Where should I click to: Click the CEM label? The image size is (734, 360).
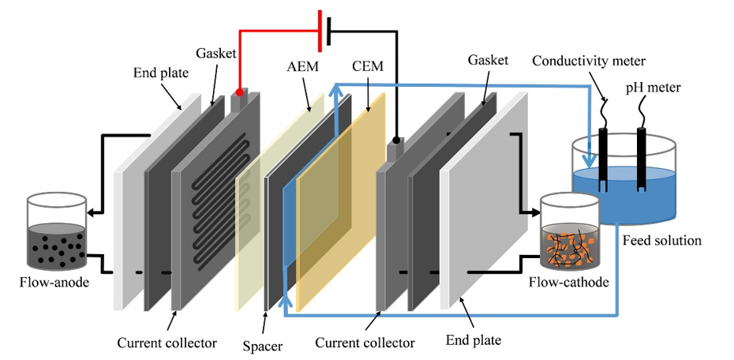point(368,66)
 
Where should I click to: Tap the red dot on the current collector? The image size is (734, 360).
point(239,92)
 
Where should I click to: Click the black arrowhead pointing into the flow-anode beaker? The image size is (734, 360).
point(92,212)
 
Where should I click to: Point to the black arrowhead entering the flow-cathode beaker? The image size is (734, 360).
point(534,212)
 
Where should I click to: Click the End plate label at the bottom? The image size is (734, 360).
point(473,341)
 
